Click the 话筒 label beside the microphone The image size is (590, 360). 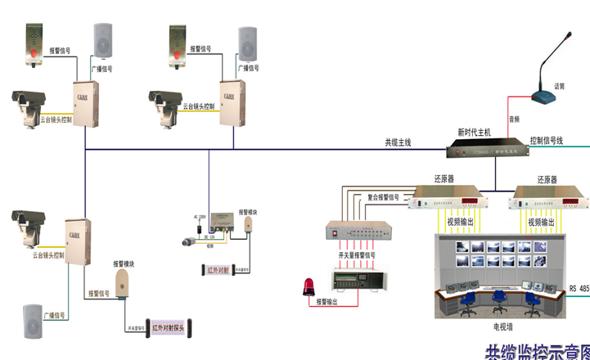(x=559, y=86)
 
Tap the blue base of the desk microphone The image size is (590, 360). (x=544, y=97)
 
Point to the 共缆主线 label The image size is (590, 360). (x=398, y=142)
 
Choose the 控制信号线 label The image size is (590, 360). (x=546, y=141)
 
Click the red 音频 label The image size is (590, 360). (x=514, y=119)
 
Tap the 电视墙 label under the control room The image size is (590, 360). (x=502, y=326)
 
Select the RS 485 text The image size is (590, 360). (x=579, y=288)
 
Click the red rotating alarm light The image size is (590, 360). (x=309, y=286)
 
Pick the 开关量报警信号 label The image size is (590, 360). (x=357, y=255)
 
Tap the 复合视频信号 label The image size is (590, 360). (x=383, y=196)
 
